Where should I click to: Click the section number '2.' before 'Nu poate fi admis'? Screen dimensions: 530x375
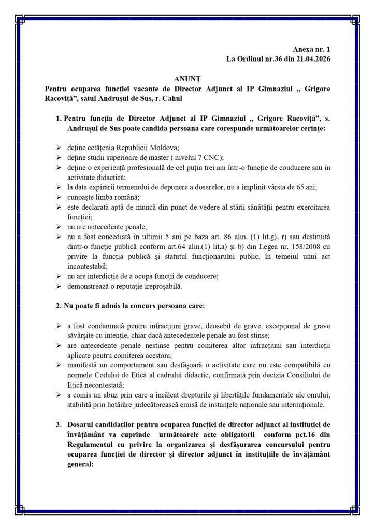coord(58,306)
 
